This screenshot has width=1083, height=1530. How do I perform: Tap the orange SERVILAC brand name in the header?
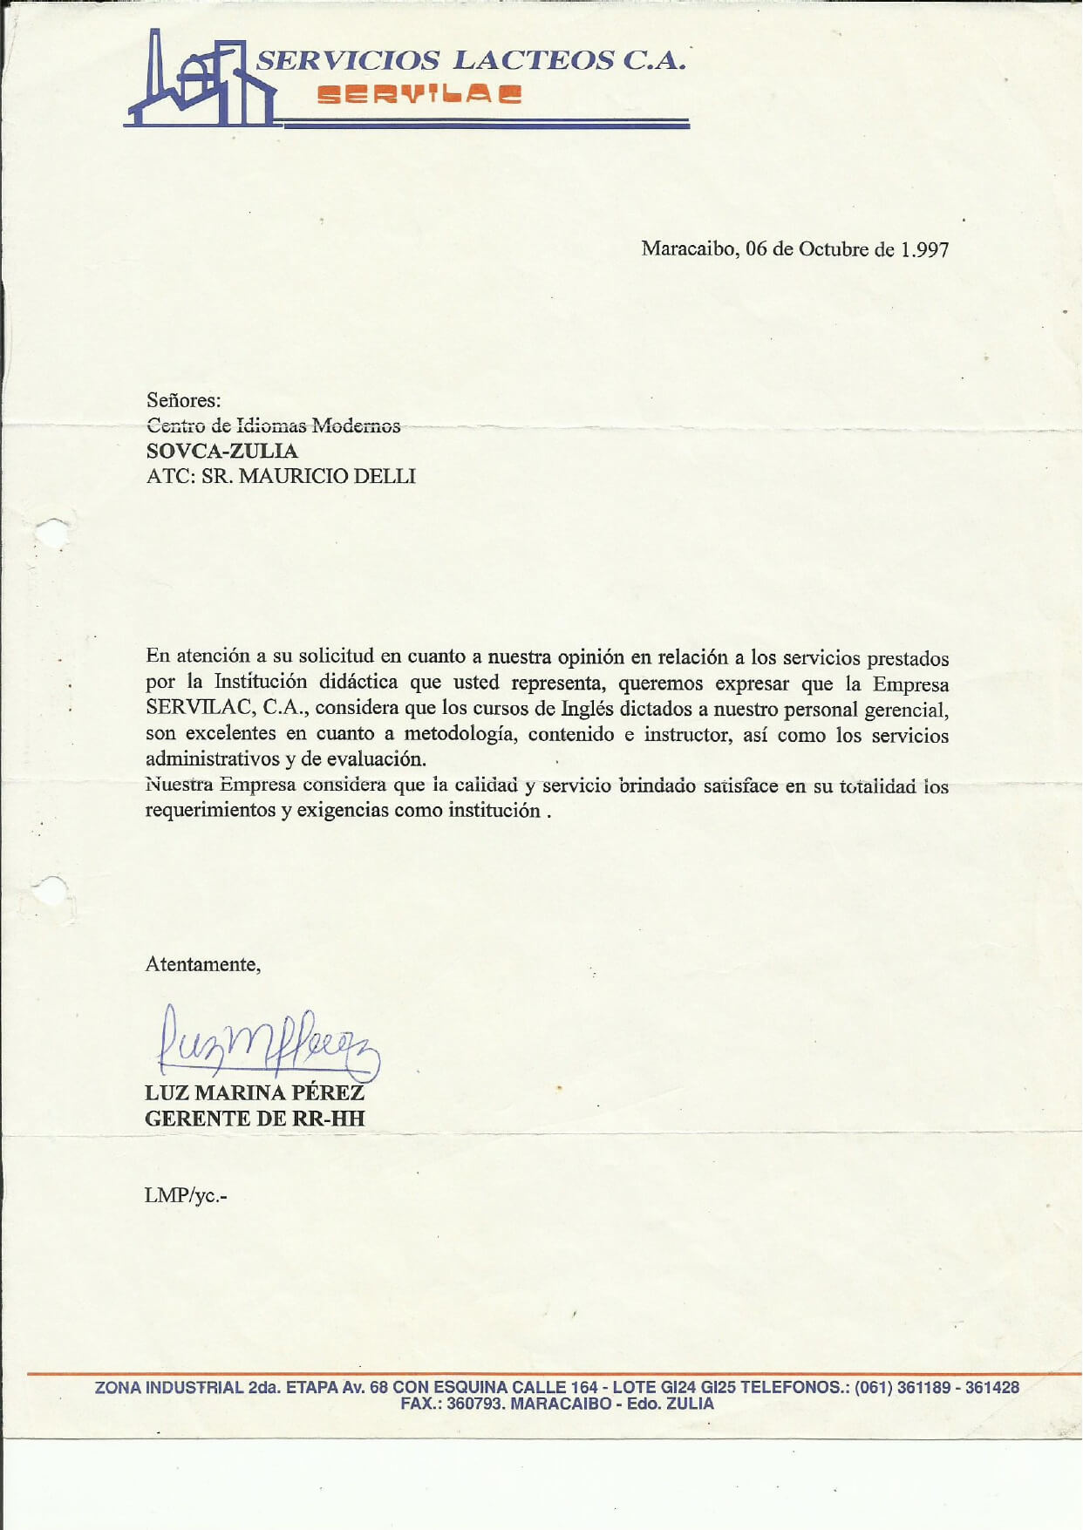pyautogui.click(x=419, y=94)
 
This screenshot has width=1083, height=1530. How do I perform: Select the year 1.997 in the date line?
pyautogui.click(x=924, y=249)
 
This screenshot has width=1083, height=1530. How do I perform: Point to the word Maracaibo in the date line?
pyautogui.click(x=690, y=248)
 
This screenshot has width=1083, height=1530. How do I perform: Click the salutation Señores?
pyautogui.click(x=184, y=400)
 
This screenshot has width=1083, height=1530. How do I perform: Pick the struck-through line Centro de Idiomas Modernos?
pyautogui.click(x=274, y=425)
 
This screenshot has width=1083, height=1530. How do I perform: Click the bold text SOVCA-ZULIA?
pyautogui.click(x=222, y=451)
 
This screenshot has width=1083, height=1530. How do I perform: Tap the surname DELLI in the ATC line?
pyautogui.click(x=385, y=476)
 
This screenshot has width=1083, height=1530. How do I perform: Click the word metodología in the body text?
pyautogui.click(x=460, y=734)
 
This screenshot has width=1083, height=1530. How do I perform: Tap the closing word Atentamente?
pyautogui.click(x=202, y=964)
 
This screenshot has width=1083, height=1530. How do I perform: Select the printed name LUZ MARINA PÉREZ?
pyautogui.click(x=255, y=1092)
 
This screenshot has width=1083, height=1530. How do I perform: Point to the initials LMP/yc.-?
pyautogui.click(x=186, y=1195)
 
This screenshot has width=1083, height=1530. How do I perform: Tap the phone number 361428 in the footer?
pyautogui.click(x=991, y=1387)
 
